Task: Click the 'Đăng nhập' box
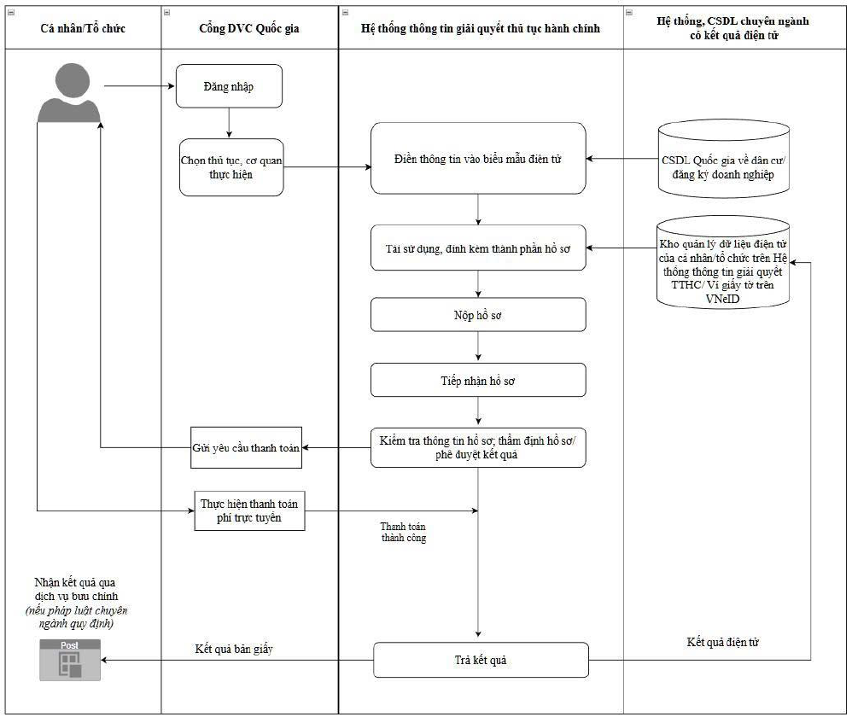229,86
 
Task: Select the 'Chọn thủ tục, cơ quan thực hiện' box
231,167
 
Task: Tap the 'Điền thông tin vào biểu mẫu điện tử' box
478,158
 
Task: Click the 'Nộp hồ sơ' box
478,314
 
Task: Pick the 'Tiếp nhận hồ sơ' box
478,380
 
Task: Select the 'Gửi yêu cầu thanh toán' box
246,447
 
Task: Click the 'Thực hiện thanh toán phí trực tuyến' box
249,510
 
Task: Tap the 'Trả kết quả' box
481,660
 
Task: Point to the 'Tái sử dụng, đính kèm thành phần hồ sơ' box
478,248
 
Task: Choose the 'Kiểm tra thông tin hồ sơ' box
478,447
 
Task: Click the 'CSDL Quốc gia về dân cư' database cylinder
723,159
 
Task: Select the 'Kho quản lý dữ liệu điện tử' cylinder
723,263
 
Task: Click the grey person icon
69,93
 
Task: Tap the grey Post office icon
70,660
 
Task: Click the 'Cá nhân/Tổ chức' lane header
83,28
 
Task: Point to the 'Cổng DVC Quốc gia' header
249,28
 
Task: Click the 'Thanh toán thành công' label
403,532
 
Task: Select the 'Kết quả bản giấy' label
234,649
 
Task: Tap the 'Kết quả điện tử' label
723,642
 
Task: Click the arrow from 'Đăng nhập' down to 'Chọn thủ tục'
229,123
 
